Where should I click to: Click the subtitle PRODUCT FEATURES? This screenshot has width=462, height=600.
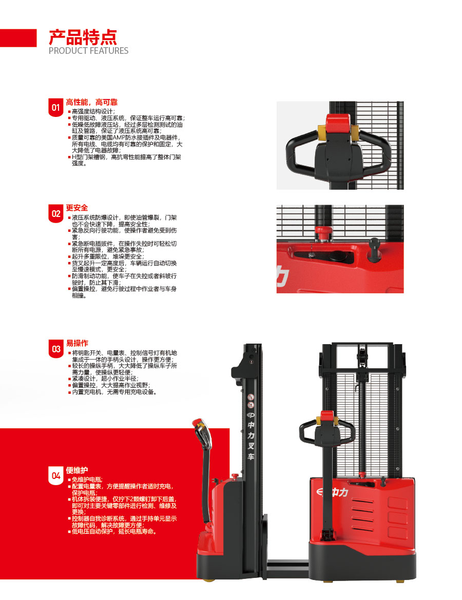88,51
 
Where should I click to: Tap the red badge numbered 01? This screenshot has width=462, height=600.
56,107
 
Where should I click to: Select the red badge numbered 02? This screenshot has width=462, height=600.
56,213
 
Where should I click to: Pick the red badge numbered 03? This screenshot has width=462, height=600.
56,349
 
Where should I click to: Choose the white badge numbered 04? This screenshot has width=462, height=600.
56,475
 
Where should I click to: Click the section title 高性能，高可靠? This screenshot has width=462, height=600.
91,102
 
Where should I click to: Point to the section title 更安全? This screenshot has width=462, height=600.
76,208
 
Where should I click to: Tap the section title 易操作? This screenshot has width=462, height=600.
77,343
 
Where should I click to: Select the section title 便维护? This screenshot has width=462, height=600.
76,470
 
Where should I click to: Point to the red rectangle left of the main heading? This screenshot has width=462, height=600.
18,38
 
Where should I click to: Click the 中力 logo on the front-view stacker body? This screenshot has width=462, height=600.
333,492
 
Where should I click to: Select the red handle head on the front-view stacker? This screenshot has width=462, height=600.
327,417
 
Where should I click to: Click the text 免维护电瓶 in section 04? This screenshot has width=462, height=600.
86,480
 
